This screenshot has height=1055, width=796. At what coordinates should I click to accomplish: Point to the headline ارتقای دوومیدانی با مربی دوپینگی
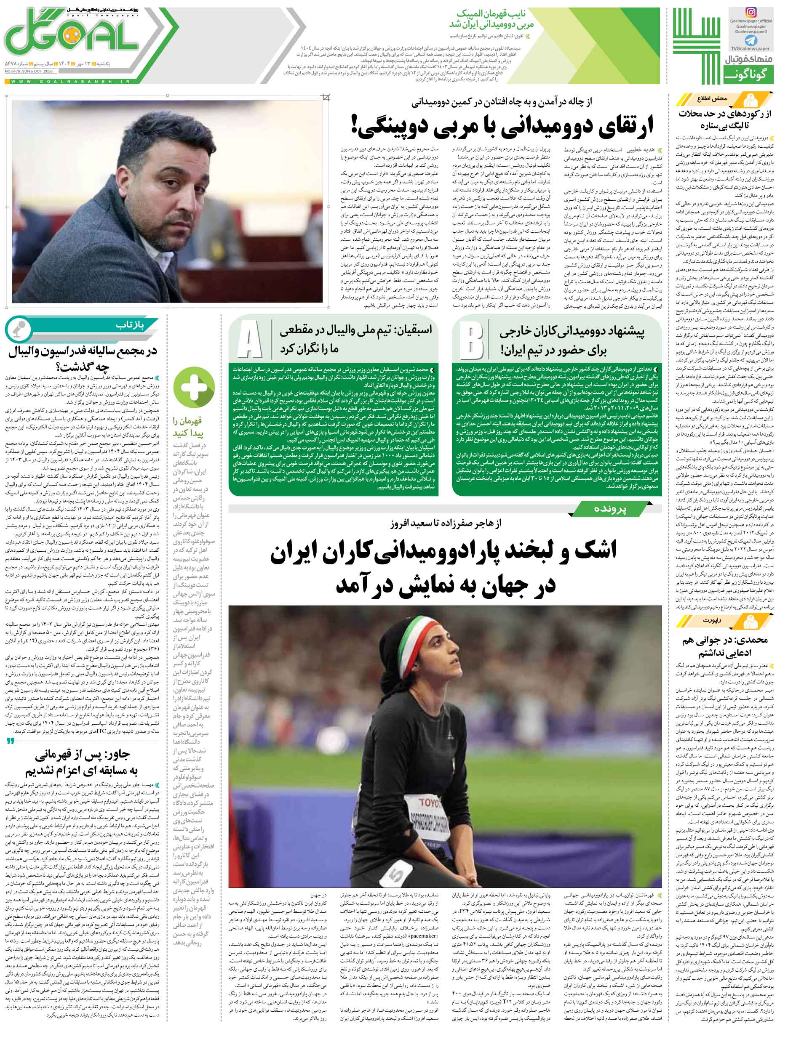pos(501,125)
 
